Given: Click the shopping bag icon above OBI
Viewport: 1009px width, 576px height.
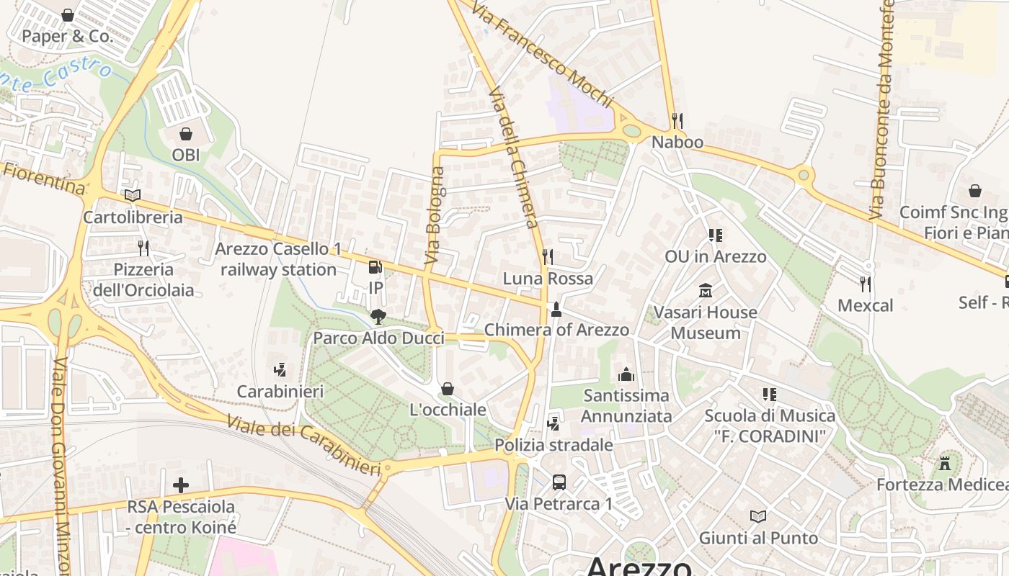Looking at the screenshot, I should [x=186, y=134].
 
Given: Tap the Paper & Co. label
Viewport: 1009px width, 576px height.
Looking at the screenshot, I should [x=68, y=36].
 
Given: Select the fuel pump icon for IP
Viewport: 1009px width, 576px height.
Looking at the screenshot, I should [x=375, y=267].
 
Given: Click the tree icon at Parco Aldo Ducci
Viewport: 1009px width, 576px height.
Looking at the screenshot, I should [x=378, y=316].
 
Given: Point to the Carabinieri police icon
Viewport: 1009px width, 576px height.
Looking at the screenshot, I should [x=280, y=370].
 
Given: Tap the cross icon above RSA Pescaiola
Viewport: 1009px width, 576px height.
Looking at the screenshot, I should [x=181, y=485].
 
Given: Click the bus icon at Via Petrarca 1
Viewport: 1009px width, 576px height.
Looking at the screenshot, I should [x=559, y=482].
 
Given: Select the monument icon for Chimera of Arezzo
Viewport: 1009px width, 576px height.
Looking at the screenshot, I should [x=556, y=310].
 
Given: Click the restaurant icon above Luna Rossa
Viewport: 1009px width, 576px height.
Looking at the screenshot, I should [x=548, y=256].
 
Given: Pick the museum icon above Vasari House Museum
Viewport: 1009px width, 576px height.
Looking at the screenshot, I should [x=706, y=291].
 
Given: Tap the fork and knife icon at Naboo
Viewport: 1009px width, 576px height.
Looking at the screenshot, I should [x=677, y=120].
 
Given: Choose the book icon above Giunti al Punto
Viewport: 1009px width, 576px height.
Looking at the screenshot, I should [x=758, y=516].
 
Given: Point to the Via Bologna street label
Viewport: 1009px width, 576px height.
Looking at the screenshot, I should [x=435, y=215].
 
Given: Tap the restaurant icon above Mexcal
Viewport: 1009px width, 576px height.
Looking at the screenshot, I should [x=865, y=284].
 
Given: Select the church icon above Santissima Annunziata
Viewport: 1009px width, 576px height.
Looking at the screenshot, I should [x=626, y=374].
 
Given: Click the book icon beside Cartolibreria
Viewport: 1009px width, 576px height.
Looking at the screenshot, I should [x=133, y=195].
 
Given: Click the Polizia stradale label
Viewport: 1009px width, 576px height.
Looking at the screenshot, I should [x=554, y=445].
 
